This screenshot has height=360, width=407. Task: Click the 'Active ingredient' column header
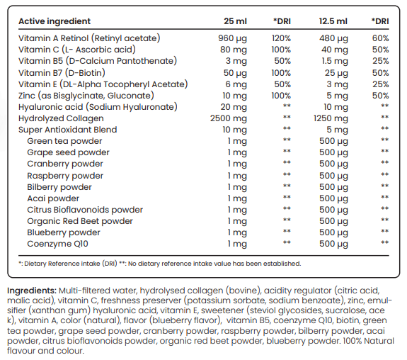[55, 21]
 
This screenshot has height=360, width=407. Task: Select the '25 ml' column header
[235, 21]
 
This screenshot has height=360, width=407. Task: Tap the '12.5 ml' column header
[333, 21]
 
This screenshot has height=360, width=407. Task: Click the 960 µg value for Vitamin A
[232, 38]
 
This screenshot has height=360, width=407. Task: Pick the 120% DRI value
[281, 38]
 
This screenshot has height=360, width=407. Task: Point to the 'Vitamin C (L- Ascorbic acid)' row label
[77, 50]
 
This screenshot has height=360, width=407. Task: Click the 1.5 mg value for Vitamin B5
[335, 61]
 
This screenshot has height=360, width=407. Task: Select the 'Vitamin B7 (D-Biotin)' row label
[62, 73]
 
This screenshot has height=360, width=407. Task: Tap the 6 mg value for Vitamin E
[236, 84]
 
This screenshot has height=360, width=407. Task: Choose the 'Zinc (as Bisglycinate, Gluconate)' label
[86, 96]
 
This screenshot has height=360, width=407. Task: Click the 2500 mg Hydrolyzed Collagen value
[229, 118]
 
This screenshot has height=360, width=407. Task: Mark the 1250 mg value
[331, 118]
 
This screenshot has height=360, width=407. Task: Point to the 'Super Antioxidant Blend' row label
[68, 130]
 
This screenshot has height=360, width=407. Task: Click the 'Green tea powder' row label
[64, 141]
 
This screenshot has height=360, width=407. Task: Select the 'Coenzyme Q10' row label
[57, 244]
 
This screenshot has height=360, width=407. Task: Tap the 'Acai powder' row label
[53, 198]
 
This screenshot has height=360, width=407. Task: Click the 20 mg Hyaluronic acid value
[234, 107]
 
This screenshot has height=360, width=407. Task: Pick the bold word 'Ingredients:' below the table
[32, 291]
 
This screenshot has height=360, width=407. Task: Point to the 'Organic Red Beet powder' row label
[80, 221]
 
